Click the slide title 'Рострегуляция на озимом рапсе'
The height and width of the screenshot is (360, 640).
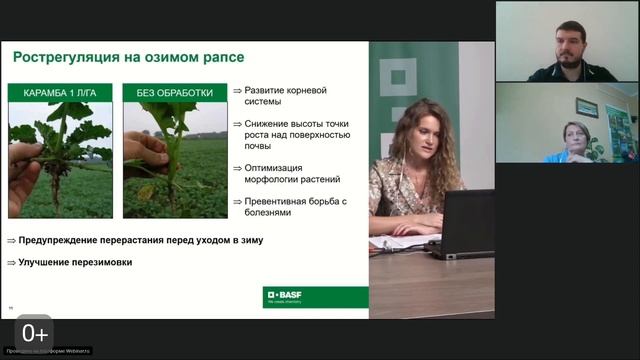pos(128,57)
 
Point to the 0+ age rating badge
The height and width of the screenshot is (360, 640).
pos(34,333)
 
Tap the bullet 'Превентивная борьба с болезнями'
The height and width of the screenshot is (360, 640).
pos(290,206)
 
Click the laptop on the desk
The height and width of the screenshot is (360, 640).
pos(465,224)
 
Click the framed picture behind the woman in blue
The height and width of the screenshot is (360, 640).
pos(587,107)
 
